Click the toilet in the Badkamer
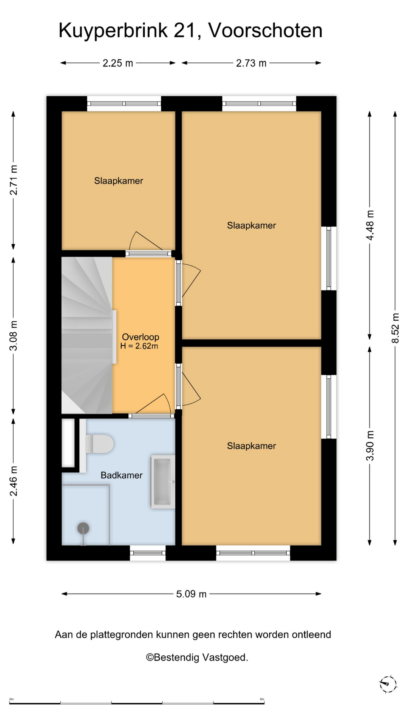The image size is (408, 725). pyautogui.click(x=99, y=444)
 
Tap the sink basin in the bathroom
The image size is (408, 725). pyautogui.click(x=163, y=481)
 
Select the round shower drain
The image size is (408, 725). pyautogui.click(x=83, y=528)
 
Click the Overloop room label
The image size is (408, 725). pyautogui.click(x=141, y=337)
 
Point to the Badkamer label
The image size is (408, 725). pyautogui.click(x=121, y=475)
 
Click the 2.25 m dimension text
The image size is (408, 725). pyautogui.click(x=118, y=63)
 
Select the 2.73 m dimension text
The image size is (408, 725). pyautogui.click(x=251, y=63)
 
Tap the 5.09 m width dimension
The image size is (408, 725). pyautogui.click(x=192, y=594)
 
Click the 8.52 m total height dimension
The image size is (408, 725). pyautogui.click(x=395, y=328)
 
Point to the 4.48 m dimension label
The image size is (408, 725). pyautogui.click(x=370, y=225)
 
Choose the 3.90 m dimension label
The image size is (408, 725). pyautogui.click(x=370, y=446)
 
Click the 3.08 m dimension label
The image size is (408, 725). pyautogui.click(x=14, y=336)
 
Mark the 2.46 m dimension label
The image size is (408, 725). pyautogui.click(x=14, y=481)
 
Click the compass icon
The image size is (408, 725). pyautogui.click(x=388, y=684)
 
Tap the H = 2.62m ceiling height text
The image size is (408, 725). pyautogui.click(x=139, y=346)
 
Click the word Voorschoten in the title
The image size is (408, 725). pyautogui.click(x=265, y=30)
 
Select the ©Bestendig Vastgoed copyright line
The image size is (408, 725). pyautogui.click(x=197, y=657)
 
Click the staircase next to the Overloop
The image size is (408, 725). pyautogui.click(x=87, y=335)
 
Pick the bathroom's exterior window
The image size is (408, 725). pyautogui.click(x=148, y=553)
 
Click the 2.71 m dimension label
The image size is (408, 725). pyautogui.click(x=14, y=180)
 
